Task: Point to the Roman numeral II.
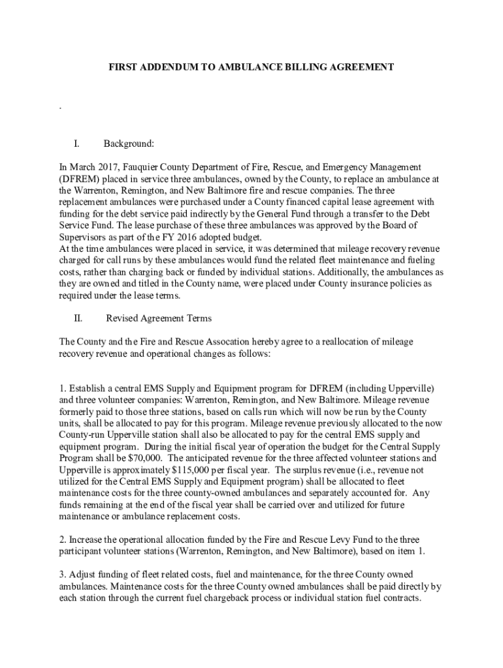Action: (78, 318)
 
